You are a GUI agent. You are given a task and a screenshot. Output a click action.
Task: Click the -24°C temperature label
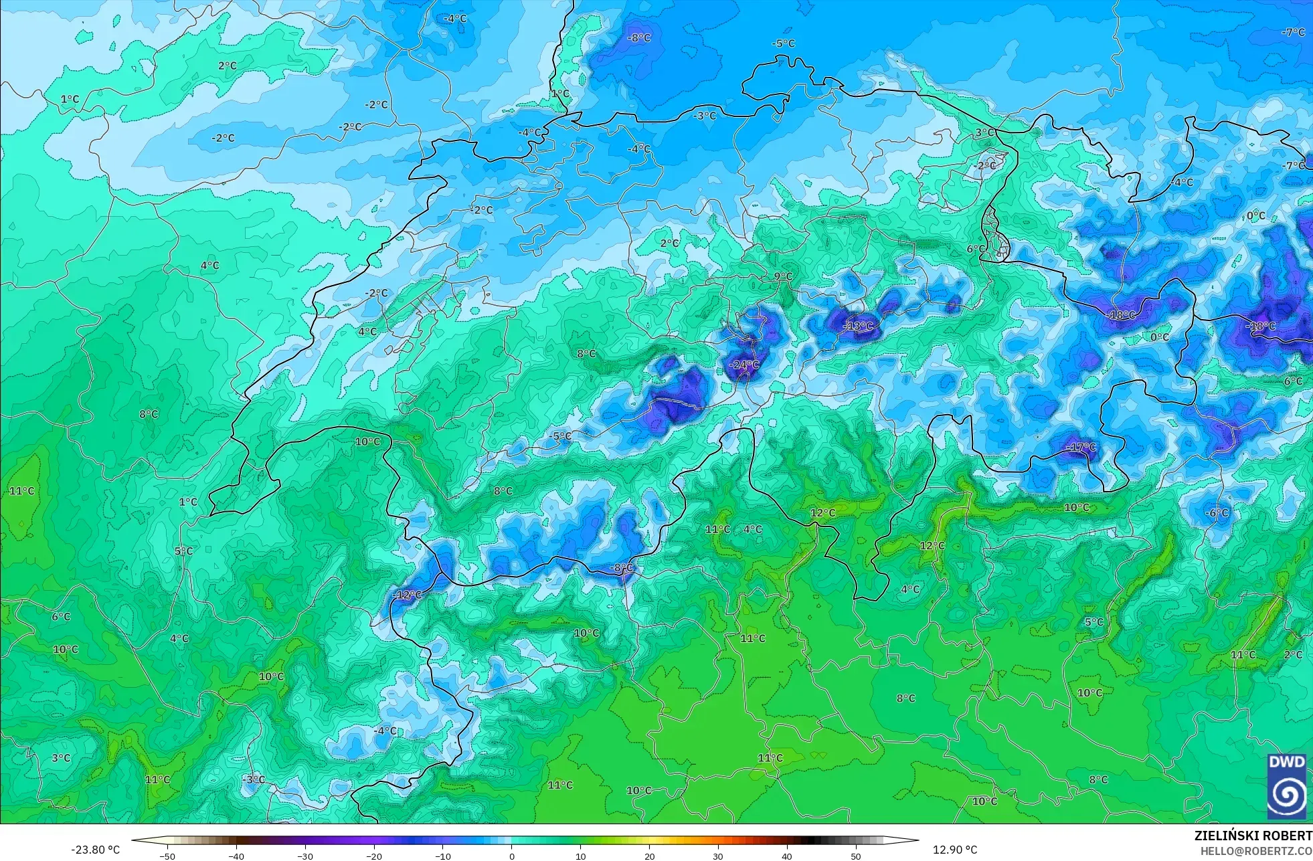click(x=746, y=365)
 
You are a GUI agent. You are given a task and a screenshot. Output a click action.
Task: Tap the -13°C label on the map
click(x=859, y=326)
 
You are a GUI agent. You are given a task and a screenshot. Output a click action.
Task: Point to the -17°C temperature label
click(x=1081, y=447)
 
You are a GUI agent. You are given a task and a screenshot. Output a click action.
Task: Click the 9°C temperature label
click(x=783, y=276)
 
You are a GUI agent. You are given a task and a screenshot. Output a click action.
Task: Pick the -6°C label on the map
click(x=1217, y=512)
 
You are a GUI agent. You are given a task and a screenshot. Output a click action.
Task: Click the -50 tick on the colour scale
click(x=167, y=856)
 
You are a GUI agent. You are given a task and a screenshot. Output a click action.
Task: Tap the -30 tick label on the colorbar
click(x=304, y=856)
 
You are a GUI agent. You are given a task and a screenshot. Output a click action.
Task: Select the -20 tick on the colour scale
click(x=373, y=856)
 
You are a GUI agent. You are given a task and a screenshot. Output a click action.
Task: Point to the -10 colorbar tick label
click(x=442, y=856)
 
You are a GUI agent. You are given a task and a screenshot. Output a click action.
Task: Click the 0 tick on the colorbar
click(x=512, y=856)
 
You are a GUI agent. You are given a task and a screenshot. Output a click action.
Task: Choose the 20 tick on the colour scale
click(x=649, y=856)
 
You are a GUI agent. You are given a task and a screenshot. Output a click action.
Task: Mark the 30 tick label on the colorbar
click(x=718, y=856)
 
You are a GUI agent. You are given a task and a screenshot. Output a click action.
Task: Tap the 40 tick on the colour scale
click(x=787, y=856)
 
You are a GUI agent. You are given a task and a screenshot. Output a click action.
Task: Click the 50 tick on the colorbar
click(x=856, y=856)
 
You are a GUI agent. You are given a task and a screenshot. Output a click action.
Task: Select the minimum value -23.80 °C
click(x=96, y=850)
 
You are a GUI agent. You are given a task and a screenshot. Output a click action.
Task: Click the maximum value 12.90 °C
click(x=955, y=850)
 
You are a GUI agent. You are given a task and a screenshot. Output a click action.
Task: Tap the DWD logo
click(x=1286, y=787)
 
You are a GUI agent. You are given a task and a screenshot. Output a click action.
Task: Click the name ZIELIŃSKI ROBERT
click(x=1253, y=836)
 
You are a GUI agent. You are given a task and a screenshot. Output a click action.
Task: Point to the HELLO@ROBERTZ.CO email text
click(x=1255, y=851)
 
